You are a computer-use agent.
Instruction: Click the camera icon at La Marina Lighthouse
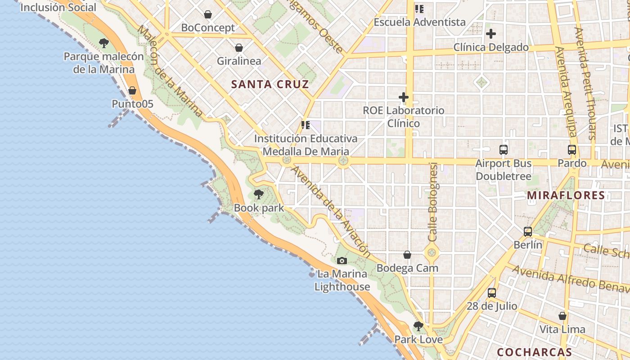click(342, 261)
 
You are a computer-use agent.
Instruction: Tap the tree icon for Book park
click(259, 194)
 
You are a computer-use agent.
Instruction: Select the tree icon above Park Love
click(418, 326)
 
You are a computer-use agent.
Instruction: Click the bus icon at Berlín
click(528, 232)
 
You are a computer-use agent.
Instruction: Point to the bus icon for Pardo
click(572, 150)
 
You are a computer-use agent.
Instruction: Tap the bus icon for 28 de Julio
click(492, 293)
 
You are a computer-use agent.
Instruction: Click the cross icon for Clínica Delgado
click(491, 34)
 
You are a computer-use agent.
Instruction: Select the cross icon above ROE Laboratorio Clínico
click(404, 97)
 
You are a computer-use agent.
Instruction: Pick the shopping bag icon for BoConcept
click(208, 14)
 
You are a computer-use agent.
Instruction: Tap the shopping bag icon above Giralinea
click(239, 47)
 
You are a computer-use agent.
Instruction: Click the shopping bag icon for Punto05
click(132, 90)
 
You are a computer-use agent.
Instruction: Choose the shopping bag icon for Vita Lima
click(562, 316)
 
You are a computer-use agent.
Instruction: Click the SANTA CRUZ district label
click(270, 84)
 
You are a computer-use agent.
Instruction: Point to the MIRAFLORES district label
click(566, 195)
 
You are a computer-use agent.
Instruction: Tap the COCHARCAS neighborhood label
click(534, 352)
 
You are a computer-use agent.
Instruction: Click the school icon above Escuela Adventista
click(420, 9)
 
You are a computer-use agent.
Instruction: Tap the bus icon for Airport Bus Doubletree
click(504, 150)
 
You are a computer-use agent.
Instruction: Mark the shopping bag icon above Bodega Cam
click(407, 255)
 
